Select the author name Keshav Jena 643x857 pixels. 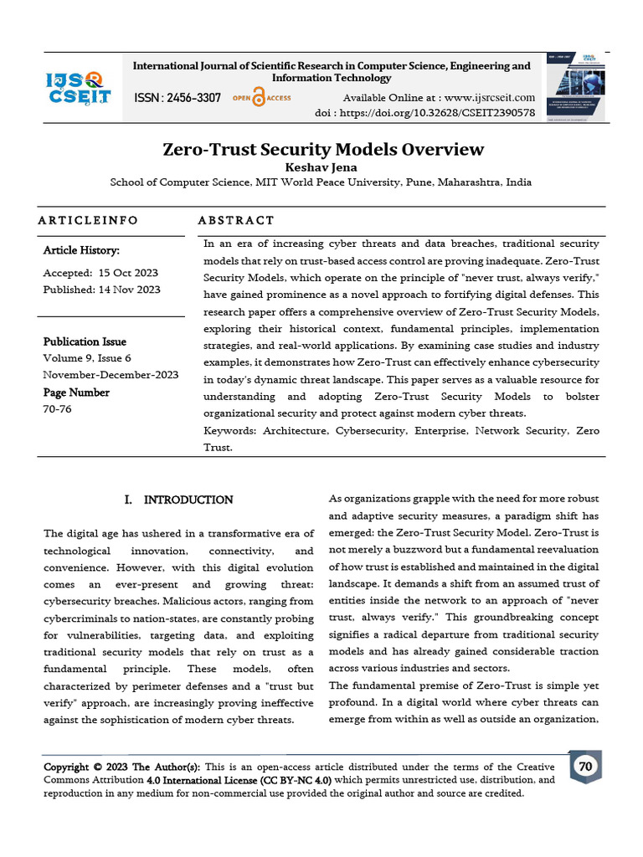321,167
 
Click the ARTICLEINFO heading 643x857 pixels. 88,220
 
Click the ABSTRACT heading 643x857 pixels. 235,220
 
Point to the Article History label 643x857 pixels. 81,250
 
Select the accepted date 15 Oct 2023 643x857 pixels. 128,273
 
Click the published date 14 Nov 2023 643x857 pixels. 128,290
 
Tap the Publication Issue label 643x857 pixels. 85,341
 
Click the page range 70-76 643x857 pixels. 57,409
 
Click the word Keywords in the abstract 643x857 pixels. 230,430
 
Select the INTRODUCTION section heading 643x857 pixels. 188,500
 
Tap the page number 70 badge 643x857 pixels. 585,767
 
